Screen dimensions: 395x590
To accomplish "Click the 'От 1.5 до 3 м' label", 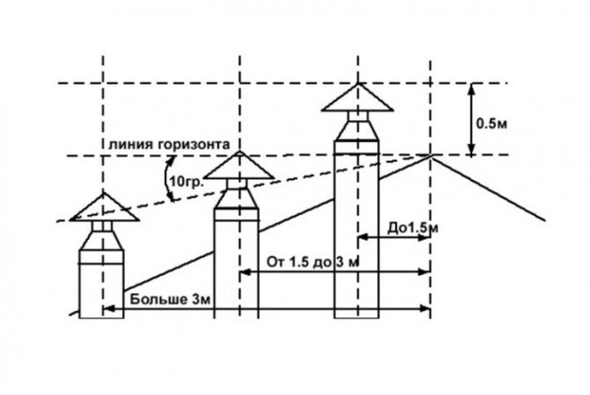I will click(302, 261).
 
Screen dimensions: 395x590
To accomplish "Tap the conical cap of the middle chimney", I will click(239, 166).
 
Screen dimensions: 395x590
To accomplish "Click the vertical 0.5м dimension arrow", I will click(472, 120).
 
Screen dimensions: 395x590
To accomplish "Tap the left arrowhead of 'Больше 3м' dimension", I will click(110, 308).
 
